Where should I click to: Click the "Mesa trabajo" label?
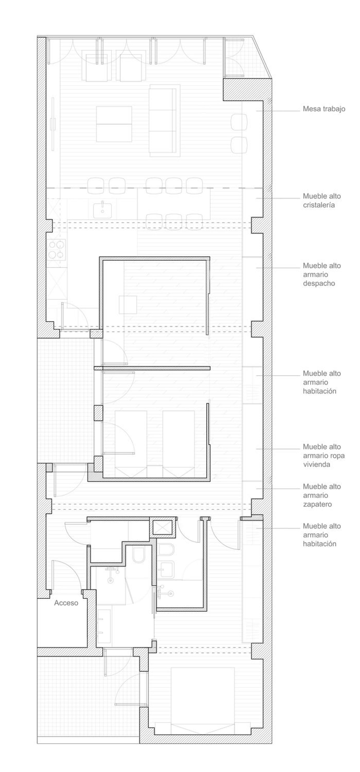(324, 109)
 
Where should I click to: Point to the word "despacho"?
(319, 283)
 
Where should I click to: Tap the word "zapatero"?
(317, 504)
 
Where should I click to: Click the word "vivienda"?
(318, 464)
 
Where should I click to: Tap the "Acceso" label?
(66, 603)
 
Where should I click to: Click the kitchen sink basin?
(102, 211)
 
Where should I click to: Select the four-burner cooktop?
(57, 249)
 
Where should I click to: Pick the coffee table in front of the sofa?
(114, 124)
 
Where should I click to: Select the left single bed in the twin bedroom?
(131, 444)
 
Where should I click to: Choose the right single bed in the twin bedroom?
(179, 444)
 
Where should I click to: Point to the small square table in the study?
(128, 305)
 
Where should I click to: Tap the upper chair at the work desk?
(239, 122)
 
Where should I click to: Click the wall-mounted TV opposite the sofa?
(53, 123)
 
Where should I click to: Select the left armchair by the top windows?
(99, 68)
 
